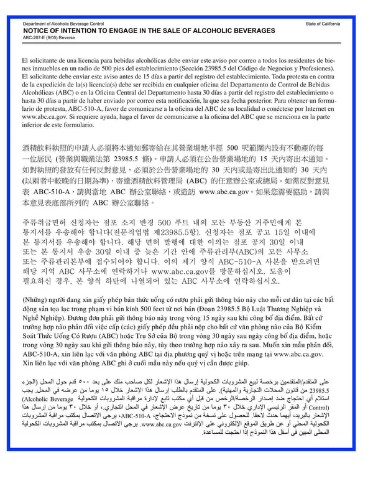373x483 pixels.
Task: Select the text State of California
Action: (x=323, y=23)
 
